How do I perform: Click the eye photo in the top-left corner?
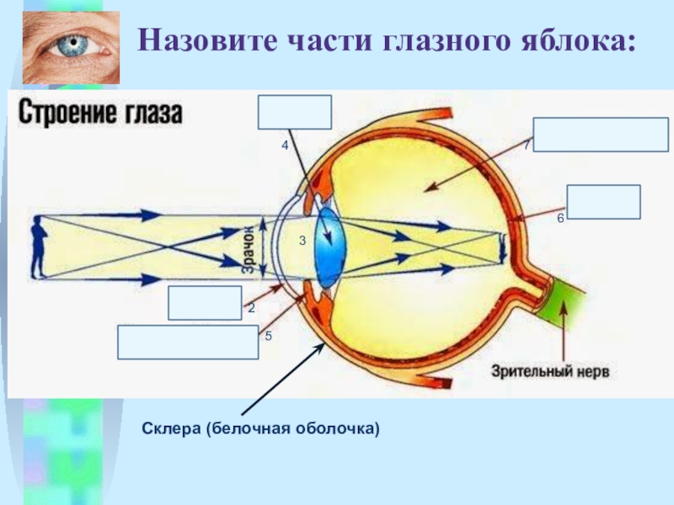(x=72, y=47)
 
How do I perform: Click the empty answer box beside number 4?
(x=295, y=113)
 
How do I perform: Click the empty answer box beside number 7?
(x=602, y=135)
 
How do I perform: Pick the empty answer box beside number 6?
(x=603, y=202)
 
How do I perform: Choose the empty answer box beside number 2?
(x=205, y=303)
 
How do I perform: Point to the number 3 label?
(x=302, y=242)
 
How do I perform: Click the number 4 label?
(x=285, y=146)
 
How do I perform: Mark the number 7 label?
(x=527, y=145)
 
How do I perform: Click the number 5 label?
(x=268, y=336)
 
